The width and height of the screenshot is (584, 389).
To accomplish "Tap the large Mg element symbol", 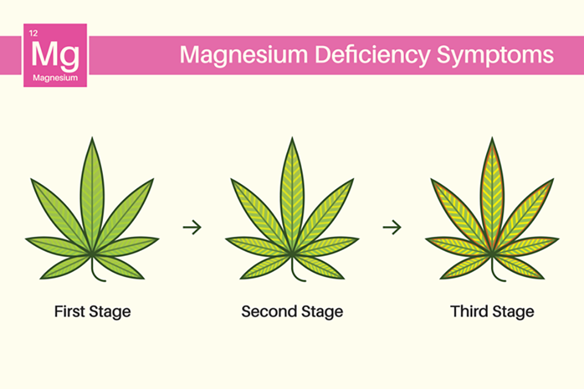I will tap(55, 54).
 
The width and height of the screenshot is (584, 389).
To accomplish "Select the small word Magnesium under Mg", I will tap(55, 78).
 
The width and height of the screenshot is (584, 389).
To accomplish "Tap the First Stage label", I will tap(92, 312).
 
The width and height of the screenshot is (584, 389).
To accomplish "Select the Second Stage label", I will tap(292, 312).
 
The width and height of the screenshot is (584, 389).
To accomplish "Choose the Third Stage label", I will tap(492, 312).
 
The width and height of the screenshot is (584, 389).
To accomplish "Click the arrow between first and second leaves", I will tap(192, 227).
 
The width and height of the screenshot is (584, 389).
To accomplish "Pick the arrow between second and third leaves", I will tap(392, 227).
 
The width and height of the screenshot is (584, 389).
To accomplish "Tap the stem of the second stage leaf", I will tap(296, 270).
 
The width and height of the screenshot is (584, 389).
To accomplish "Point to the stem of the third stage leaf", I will tap(496, 270).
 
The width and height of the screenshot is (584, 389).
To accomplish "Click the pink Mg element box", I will tap(55, 55).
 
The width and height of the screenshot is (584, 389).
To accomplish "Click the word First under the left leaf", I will tap(69, 312).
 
